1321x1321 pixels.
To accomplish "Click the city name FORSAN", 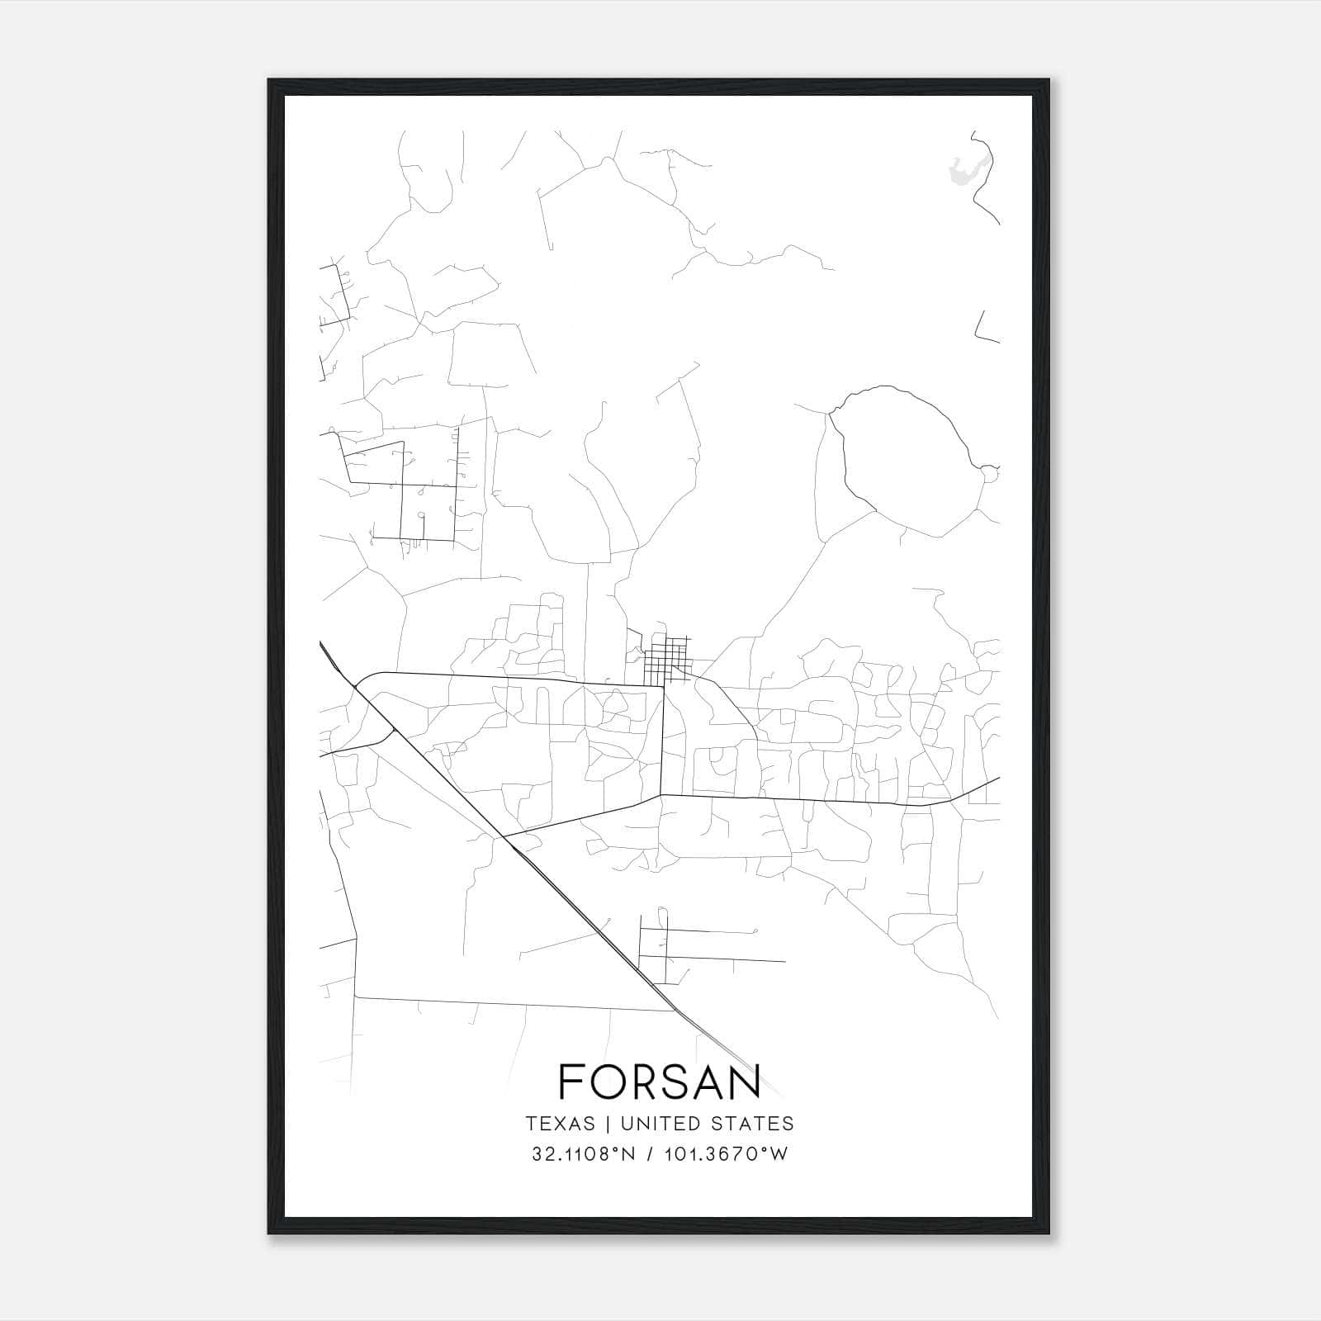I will tap(659, 1082).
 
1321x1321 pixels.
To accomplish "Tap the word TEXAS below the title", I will tap(560, 1124).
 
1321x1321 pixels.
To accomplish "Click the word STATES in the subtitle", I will tap(751, 1124).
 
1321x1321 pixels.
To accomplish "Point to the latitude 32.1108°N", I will tap(584, 1154).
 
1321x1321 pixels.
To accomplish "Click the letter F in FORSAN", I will tap(571, 1082).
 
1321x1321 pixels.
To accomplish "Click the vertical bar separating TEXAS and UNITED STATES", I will tap(608, 1124).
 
